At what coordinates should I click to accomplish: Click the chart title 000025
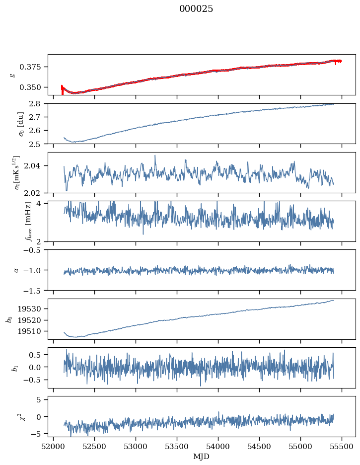tap(196, 8)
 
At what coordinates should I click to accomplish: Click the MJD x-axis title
tap(201, 457)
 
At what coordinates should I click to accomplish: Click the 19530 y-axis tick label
tap(28, 309)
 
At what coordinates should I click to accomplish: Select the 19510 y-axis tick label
tap(28, 331)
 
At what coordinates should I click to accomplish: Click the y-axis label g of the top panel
tap(12, 75)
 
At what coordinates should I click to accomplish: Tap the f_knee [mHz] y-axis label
tap(28, 221)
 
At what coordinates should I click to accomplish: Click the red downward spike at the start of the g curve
tap(62, 90)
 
